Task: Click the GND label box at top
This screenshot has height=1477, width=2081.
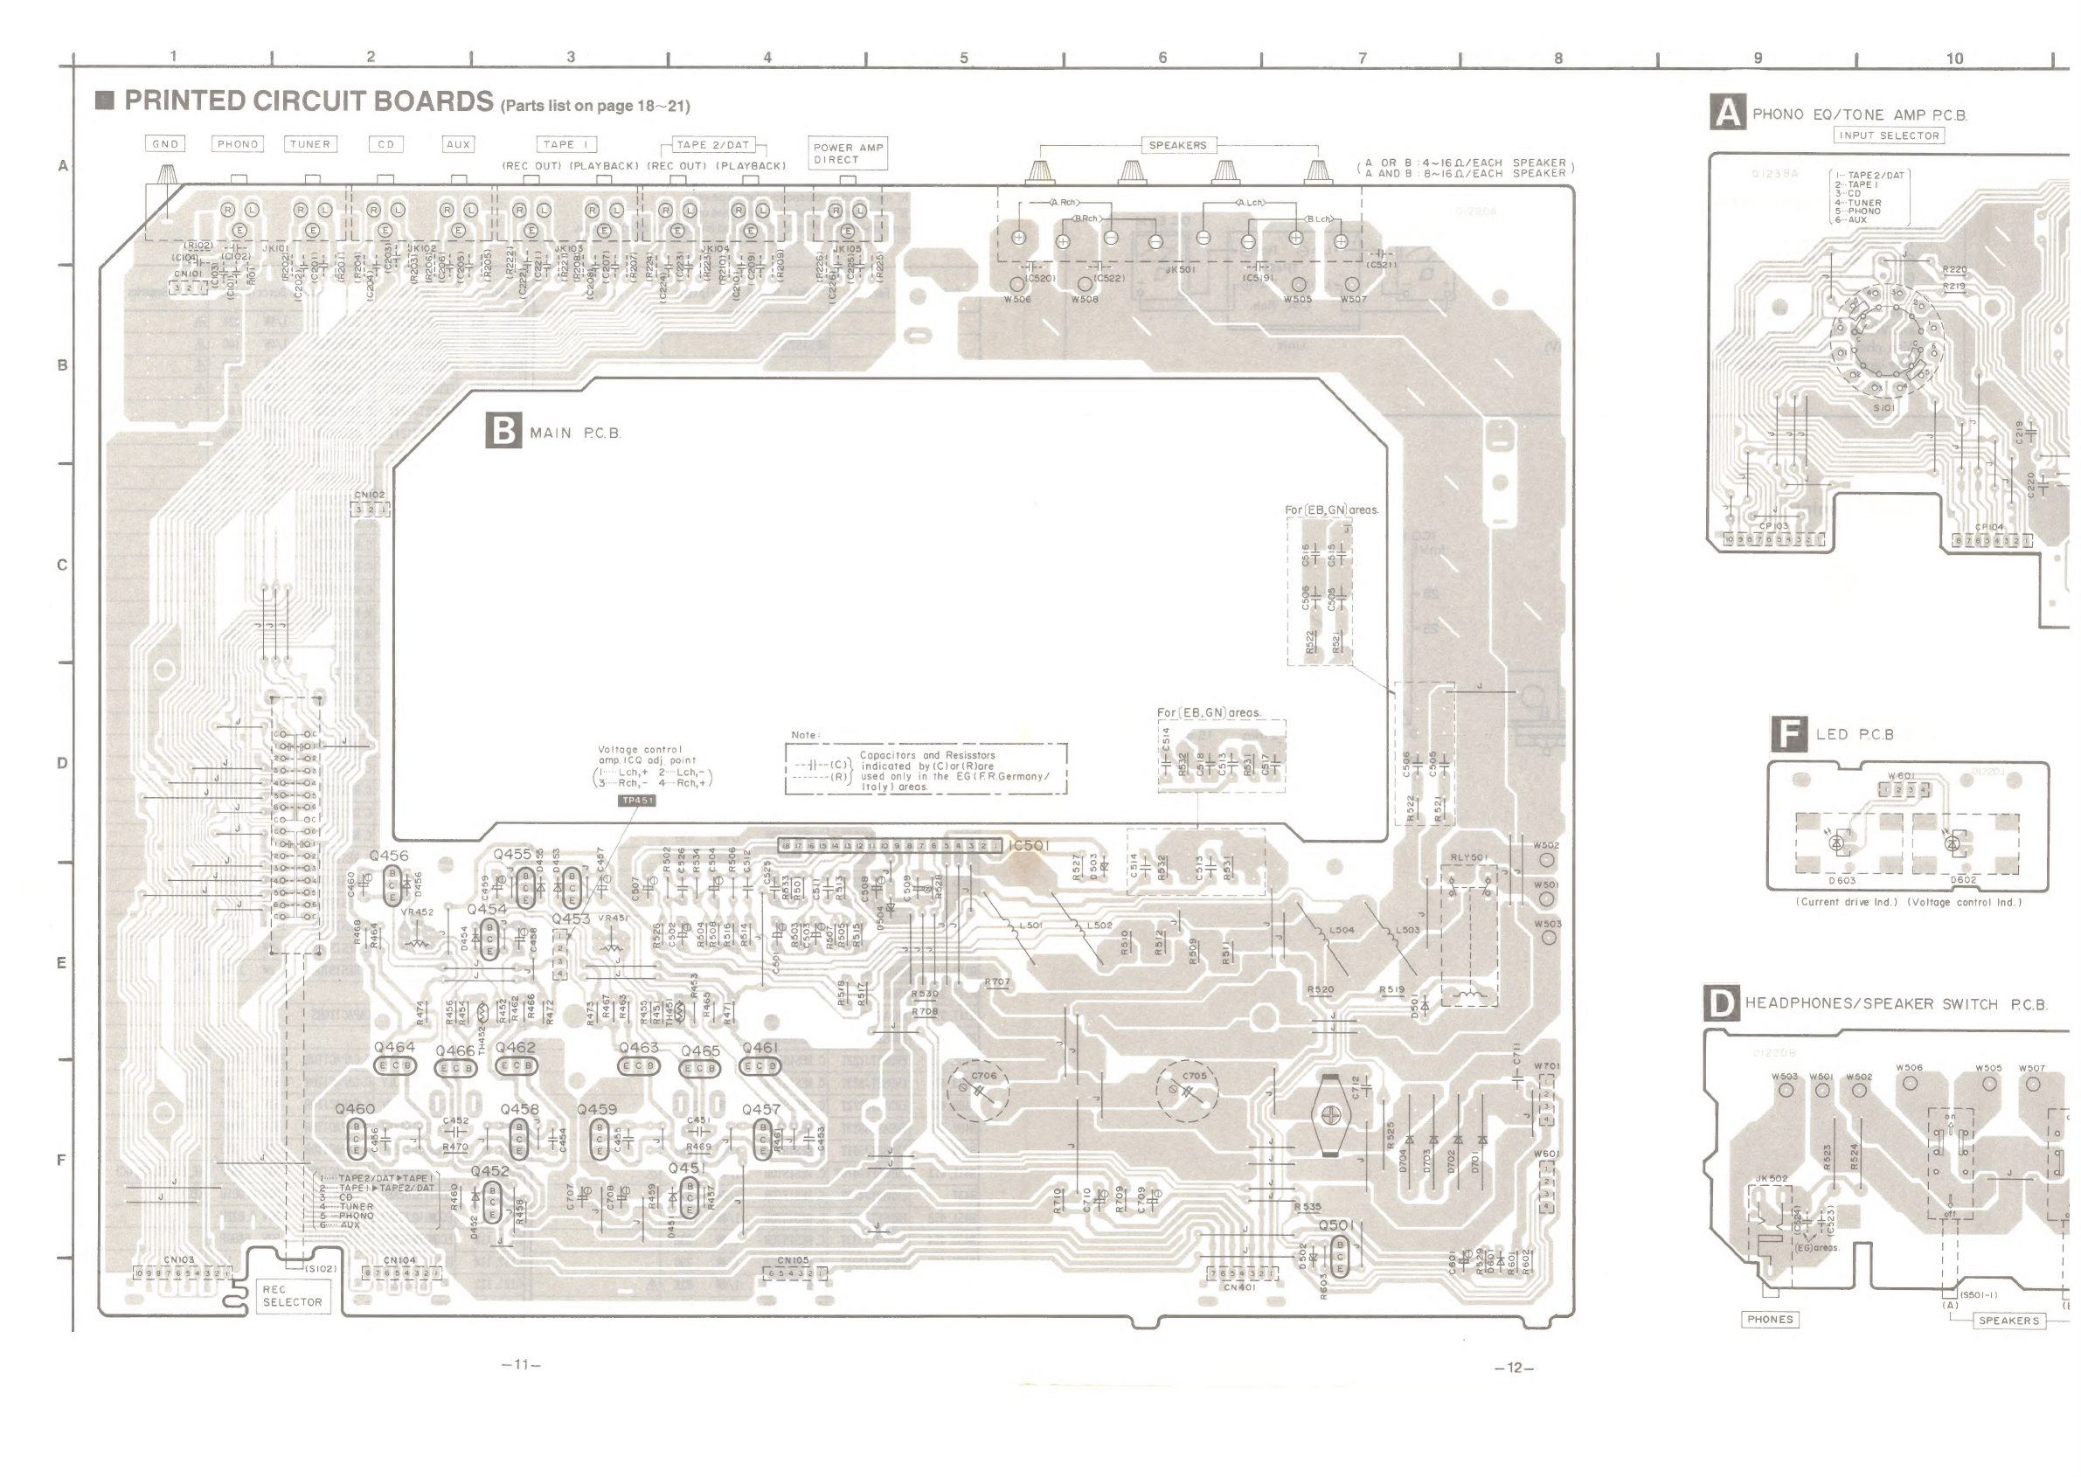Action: coord(165,143)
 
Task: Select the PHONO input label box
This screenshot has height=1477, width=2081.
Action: coord(239,143)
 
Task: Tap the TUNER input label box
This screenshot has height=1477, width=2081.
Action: coord(310,143)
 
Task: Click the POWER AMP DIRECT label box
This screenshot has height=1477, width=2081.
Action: coord(848,153)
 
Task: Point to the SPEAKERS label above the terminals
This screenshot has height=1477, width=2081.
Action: coord(1177,146)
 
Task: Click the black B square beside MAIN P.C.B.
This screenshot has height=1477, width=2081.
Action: coord(503,430)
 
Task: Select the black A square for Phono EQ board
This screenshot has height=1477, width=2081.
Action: coord(1727,113)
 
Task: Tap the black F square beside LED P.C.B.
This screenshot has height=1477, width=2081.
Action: coord(1789,733)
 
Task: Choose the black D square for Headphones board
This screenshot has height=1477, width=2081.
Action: coord(1721,1004)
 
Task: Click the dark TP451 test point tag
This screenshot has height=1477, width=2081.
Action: coord(636,801)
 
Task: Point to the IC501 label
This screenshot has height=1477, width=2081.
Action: coord(1029,846)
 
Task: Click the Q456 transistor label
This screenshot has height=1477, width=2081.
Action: coord(389,856)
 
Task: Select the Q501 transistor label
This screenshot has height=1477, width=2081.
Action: coord(1336,1225)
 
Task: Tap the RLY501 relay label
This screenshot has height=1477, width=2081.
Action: coord(1468,857)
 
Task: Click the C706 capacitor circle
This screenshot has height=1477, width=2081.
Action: coord(979,1091)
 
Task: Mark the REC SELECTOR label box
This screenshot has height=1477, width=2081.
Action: coord(292,1296)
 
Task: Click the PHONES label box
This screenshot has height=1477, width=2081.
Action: coord(1770,1320)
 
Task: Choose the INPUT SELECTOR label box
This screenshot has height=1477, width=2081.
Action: coord(1889,135)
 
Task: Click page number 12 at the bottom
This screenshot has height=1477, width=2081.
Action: coord(1515,1368)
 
